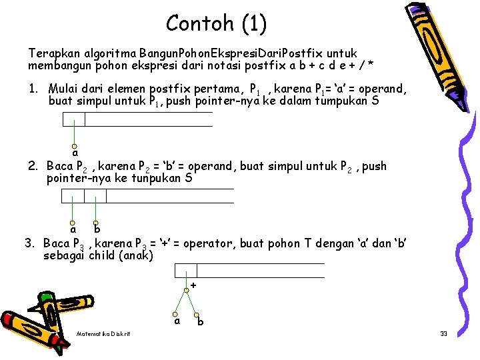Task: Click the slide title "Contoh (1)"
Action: tap(216, 24)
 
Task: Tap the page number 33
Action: tap(443, 333)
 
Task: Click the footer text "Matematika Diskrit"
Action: tap(103, 333)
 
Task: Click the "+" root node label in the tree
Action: tap(193, 285)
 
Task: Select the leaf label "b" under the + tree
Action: tap(201, 323)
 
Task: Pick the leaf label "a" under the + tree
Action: tap(177, 321)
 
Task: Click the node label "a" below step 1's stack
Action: tap(75, 153)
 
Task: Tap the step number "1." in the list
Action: tap(33, 89)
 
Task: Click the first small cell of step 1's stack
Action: tap(74, 119)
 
